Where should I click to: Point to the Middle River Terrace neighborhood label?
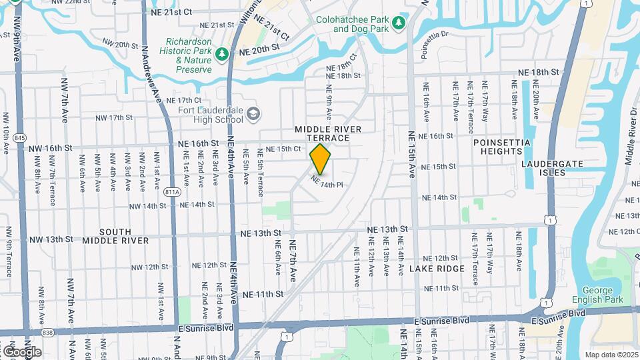328,133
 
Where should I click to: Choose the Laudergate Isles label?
553,168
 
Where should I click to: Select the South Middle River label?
107,236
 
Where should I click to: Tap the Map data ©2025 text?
611,355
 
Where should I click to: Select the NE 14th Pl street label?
327,181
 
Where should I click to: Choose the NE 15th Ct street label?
283,149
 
